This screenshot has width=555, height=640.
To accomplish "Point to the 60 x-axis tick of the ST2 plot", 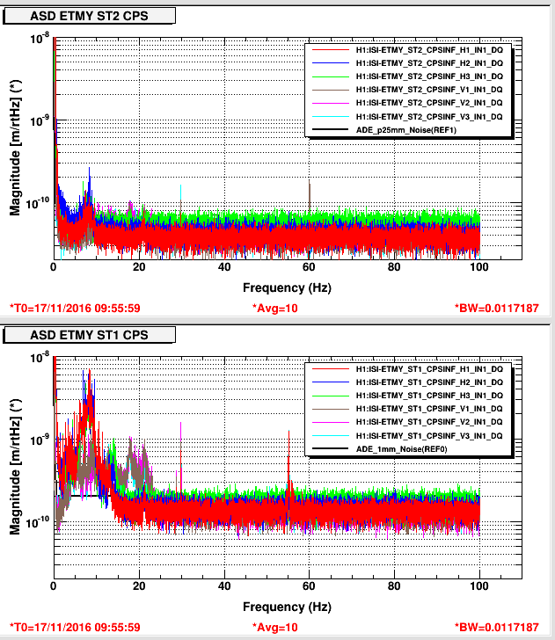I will pos(309,268).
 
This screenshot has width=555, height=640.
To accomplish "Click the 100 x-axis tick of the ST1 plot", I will pos(478,587).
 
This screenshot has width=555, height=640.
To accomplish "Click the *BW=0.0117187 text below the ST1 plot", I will pos(500,627).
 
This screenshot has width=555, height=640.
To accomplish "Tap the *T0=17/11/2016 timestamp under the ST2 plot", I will pos(75,308).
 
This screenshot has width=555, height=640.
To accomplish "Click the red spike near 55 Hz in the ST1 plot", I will pos(288,457).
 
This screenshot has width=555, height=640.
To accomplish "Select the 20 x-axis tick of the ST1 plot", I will pos(139,587).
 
